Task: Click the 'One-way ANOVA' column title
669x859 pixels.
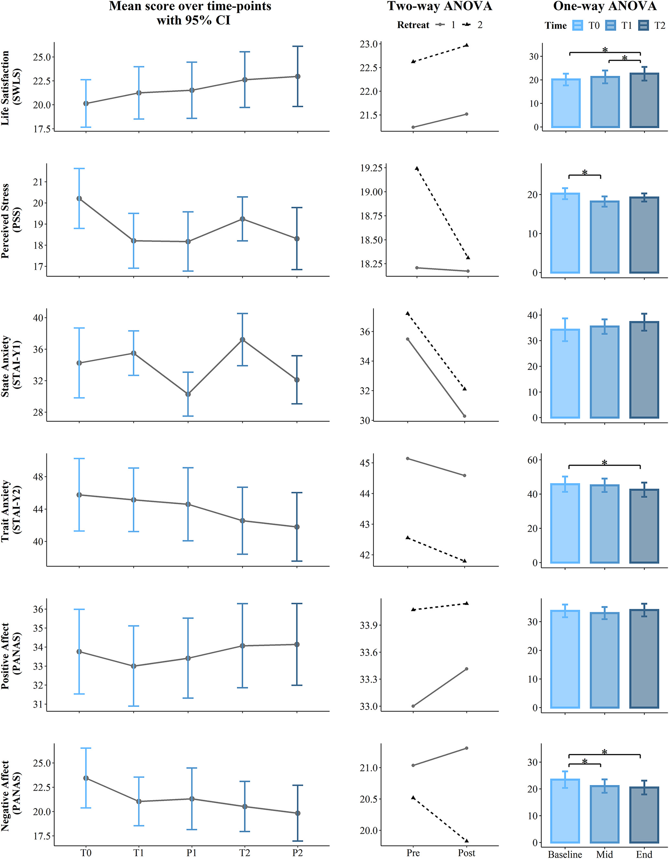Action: tap(605, 6)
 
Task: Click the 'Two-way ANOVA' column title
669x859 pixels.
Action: tap(439, 6)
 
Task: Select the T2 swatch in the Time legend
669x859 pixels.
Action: tap(644, 26)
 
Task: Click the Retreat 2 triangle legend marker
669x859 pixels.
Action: tap(467, 25)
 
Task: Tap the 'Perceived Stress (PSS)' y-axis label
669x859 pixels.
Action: tap(11, 221)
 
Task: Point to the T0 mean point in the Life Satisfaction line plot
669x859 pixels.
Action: tap(86, 103)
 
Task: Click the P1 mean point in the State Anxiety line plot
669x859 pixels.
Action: tap(188, 394)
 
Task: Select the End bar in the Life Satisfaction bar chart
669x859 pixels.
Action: tap(644, 100)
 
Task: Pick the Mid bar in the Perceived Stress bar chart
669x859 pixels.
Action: tap(604, 237)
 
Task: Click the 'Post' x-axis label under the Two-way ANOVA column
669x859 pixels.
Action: tap(466, 853)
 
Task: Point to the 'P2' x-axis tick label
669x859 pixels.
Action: tap(297, 853)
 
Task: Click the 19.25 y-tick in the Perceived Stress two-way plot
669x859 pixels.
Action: tap(371, 168)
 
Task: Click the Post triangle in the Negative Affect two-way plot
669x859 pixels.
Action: tap(467, 841)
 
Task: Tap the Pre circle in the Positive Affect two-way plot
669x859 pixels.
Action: tap(413, 706)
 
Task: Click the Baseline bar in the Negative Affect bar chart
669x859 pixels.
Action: tap(565, 811)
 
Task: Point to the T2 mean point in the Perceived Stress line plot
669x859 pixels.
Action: tap(243, 219)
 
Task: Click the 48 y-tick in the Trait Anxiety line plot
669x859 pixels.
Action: tap(39, 477)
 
